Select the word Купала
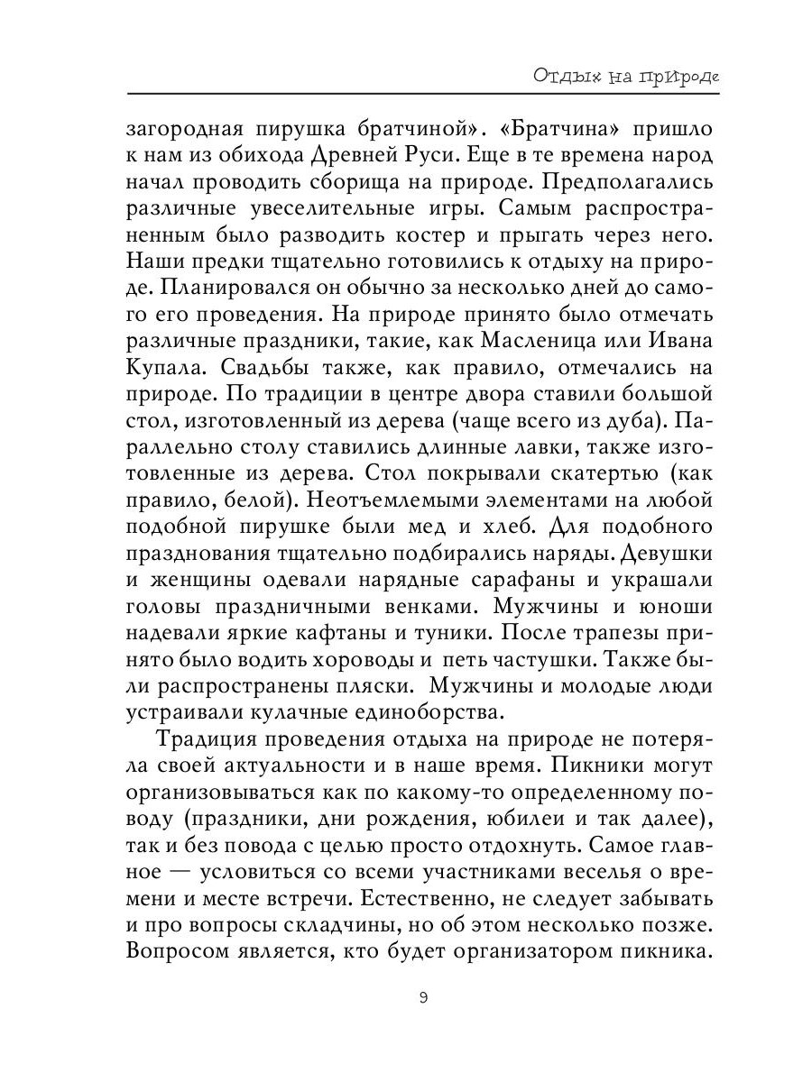click(167, 371)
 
